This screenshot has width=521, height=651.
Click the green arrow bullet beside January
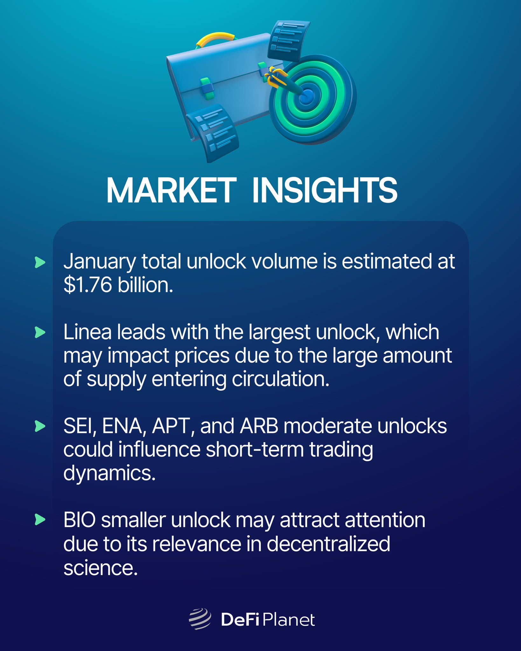tap(40, 263)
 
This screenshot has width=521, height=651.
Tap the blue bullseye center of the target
tap(307, 95)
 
